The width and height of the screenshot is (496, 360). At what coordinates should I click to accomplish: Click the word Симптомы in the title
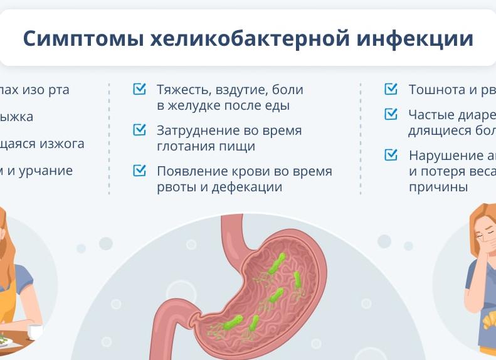coord(82,38)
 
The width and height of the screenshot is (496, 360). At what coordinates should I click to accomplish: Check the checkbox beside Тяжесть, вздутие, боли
coord(139,89)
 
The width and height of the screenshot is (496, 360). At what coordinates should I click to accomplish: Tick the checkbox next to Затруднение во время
coord(139,130)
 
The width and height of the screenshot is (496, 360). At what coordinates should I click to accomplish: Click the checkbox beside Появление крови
coord(139,171)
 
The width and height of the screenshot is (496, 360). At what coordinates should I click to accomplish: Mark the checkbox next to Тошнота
coord(391,89)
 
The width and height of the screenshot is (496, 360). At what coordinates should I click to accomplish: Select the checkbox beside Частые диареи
coord(391,114)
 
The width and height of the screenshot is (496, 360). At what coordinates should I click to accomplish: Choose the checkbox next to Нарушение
coord(391,154)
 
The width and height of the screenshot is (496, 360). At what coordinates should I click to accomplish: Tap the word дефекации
coord(246,188)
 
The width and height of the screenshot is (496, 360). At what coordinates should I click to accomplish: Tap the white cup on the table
coord(35,331)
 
